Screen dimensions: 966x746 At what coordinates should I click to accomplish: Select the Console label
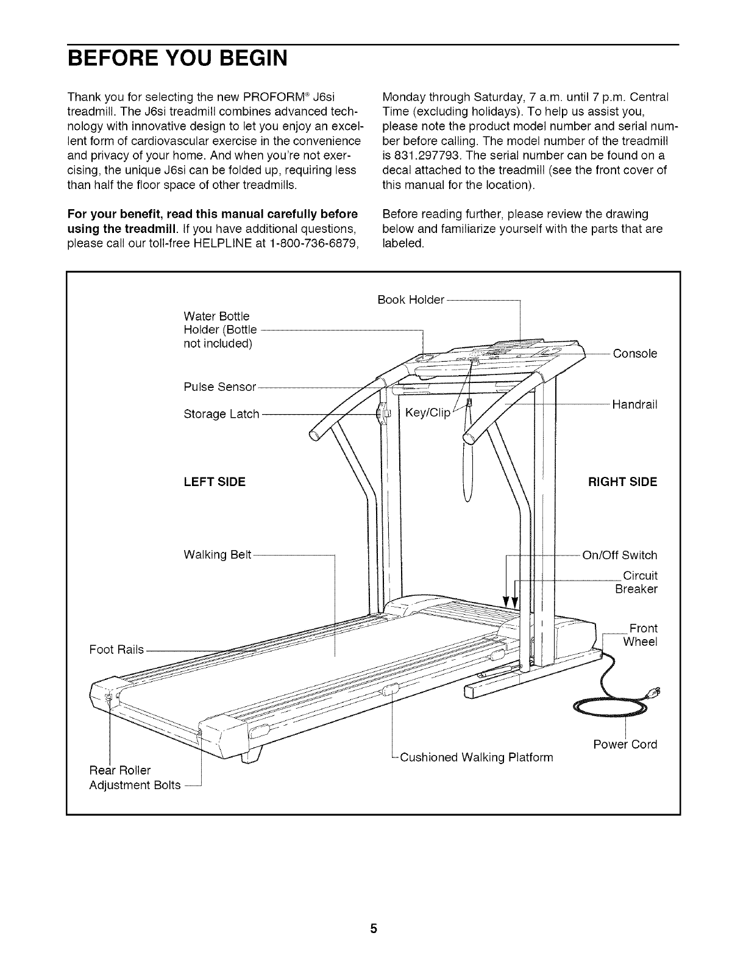click(x=634, y=354)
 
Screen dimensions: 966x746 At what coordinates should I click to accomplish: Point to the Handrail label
click(x=634, y=404)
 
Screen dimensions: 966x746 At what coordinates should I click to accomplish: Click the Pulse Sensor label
click(x=220, y=387)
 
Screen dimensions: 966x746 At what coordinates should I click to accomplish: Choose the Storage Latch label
click(x=221, y=415)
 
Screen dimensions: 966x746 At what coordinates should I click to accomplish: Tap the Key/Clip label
click(x=427, y=413)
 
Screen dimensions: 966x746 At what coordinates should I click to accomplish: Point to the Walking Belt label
click(x=217, y=555)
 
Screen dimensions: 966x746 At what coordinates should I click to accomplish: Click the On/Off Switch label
click(x=620, y=555)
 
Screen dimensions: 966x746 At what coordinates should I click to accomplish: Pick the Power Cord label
click(x=625, y=745)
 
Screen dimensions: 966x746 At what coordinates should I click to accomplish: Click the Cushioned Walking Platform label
click(x=476, y=757)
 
